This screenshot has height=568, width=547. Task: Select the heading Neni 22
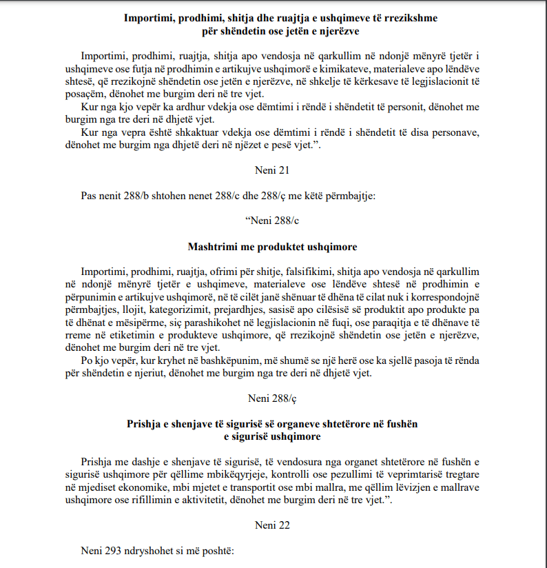pos(273,525)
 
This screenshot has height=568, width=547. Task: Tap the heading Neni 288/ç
pos(273,397)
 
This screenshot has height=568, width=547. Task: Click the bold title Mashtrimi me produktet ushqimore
pos(273,246)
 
